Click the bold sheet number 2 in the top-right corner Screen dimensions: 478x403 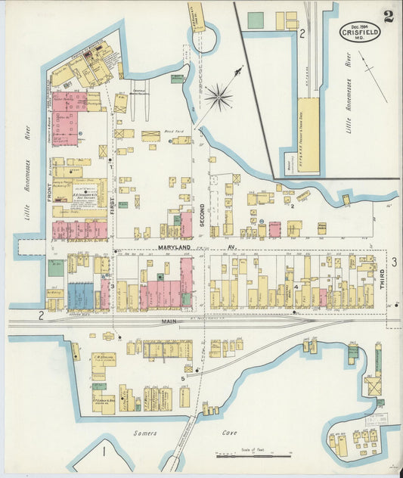[389, 17]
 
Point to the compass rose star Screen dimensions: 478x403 [219, 95]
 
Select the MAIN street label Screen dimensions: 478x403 [168, 321]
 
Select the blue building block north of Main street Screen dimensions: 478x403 [81, 296]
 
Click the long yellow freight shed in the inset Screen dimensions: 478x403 [309, 136]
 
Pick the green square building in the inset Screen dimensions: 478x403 [256, 20]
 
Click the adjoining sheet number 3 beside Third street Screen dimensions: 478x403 [393, 262]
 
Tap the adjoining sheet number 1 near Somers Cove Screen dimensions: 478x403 [102, 452]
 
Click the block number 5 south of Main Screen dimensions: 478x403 [182, 377]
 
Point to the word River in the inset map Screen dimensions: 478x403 [349, 60]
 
